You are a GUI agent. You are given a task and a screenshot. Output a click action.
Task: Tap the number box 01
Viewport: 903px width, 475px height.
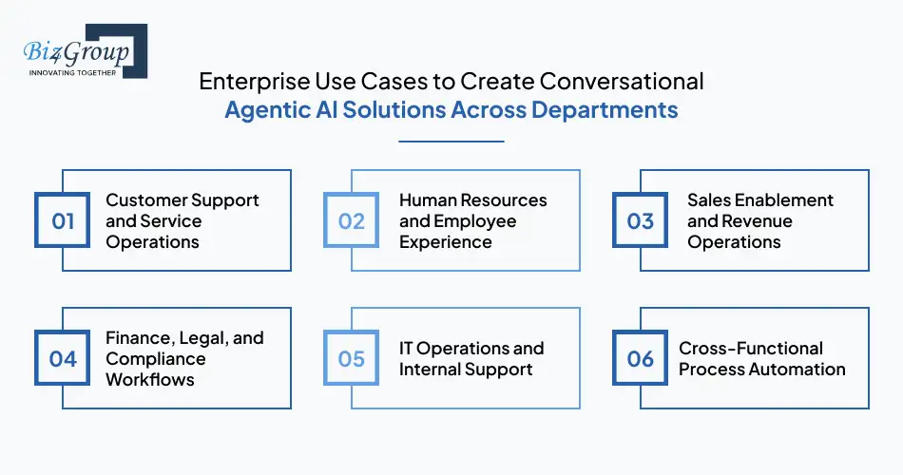click(63, 221)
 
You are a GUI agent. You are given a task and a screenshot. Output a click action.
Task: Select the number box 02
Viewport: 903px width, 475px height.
click(352, 221)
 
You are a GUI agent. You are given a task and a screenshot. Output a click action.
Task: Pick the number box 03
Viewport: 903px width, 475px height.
click(641, 221)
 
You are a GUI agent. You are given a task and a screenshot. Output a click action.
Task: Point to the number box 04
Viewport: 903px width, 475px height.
click(63, 358)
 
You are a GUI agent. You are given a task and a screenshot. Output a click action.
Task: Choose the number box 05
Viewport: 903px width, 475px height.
click(352, 358)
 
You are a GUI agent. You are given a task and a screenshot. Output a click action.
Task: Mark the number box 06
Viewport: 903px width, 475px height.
click(641, 358)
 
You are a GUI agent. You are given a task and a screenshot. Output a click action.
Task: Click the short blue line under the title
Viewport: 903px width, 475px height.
click(451, 142)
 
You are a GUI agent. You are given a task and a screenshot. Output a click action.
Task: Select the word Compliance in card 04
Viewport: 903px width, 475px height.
click(155, 358)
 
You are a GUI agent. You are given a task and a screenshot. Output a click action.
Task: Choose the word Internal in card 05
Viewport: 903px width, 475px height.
click(431, 369)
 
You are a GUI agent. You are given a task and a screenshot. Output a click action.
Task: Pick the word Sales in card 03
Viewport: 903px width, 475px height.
click(710, 200)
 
